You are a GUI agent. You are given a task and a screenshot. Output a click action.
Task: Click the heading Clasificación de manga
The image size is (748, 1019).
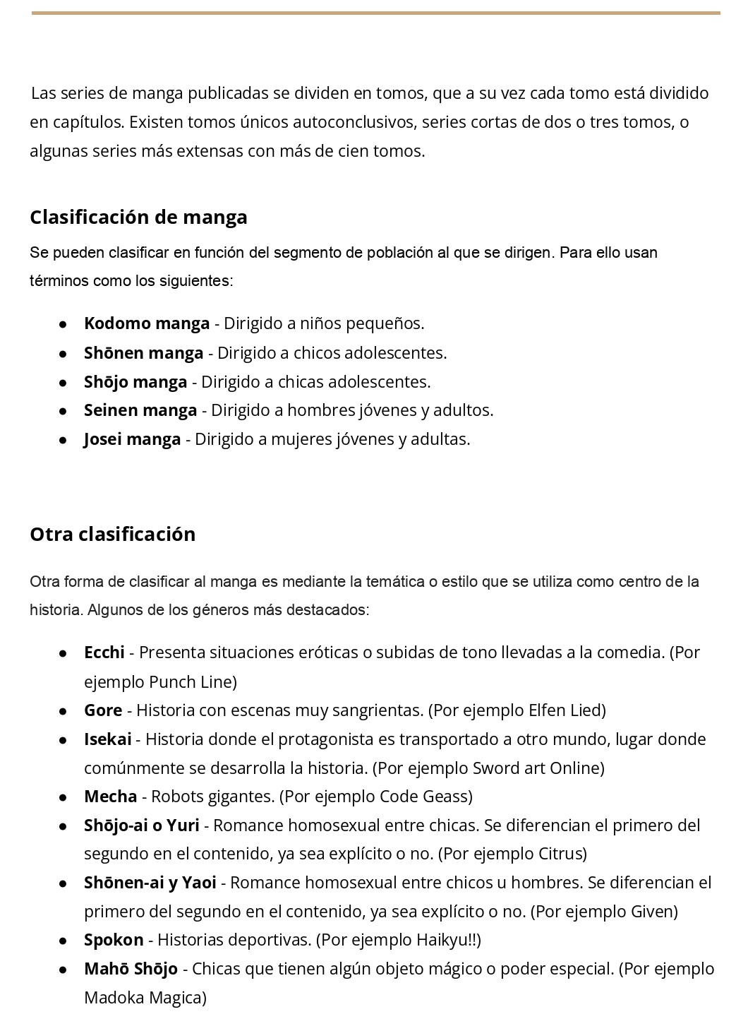point(138,217)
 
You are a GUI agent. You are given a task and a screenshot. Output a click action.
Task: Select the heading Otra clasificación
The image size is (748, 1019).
point(112,534)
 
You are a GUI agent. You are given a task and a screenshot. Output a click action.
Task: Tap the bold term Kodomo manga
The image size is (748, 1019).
point(147,323)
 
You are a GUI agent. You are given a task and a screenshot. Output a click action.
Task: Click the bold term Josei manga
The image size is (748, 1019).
point(132,439)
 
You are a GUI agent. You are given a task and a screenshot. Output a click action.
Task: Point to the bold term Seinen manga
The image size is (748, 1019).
point(140,410)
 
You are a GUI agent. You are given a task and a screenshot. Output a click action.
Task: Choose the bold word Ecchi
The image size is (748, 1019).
point(104,652)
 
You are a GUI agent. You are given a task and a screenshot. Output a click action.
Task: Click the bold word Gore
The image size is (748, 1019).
point(103,710)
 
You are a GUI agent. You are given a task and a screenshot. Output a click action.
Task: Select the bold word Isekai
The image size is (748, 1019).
point(107,739)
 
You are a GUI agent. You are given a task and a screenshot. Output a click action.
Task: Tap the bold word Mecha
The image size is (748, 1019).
point(110,797)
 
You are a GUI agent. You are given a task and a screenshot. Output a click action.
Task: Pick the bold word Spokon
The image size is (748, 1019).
point(114,940)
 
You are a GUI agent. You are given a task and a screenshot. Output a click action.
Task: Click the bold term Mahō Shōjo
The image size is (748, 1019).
point(131,969)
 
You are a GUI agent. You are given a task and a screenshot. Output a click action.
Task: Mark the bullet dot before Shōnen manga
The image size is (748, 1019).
point(63,353)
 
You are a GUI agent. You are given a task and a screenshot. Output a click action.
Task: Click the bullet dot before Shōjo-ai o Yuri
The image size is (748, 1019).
point(63,826)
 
